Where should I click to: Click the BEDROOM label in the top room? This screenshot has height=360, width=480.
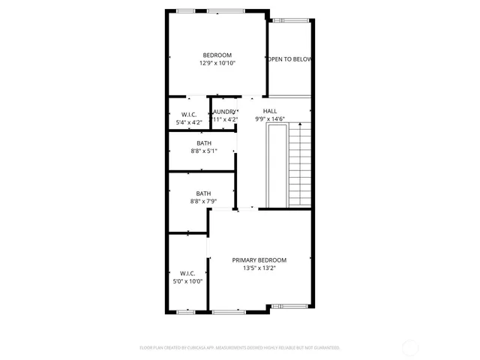217,55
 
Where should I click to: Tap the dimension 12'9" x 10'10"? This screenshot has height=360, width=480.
217,64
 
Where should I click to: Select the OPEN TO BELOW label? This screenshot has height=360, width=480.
290,59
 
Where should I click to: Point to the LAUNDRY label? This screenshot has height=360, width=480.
224,112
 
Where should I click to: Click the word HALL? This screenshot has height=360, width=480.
269,110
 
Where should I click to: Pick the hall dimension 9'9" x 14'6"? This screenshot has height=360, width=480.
269,119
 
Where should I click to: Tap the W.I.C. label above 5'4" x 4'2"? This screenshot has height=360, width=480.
188,114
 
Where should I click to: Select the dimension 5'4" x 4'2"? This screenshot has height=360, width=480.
188,122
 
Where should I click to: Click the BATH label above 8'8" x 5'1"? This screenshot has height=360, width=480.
204,143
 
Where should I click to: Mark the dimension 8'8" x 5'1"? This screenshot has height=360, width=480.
204,151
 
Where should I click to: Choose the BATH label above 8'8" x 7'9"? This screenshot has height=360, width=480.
203,193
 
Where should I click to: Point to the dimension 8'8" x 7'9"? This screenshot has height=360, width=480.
203,201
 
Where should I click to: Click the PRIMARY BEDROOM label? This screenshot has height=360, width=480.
259,260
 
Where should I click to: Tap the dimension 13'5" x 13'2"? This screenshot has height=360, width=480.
259,268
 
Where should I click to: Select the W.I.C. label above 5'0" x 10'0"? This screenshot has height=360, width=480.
187,273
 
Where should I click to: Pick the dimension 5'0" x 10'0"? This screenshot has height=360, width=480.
187,281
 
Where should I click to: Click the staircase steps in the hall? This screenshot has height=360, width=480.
299,165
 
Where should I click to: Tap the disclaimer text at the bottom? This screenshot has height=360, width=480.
240,347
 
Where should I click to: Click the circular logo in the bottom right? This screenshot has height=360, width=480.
410,347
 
